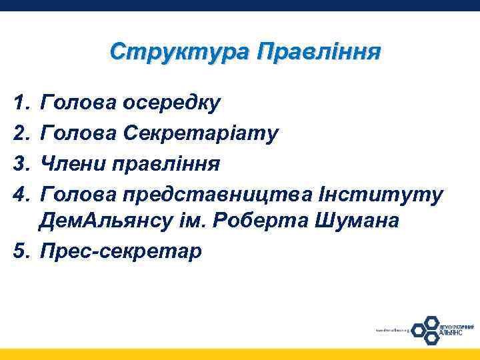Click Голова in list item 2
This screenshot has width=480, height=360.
(80, 133)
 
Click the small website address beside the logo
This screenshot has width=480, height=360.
(391, 329)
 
